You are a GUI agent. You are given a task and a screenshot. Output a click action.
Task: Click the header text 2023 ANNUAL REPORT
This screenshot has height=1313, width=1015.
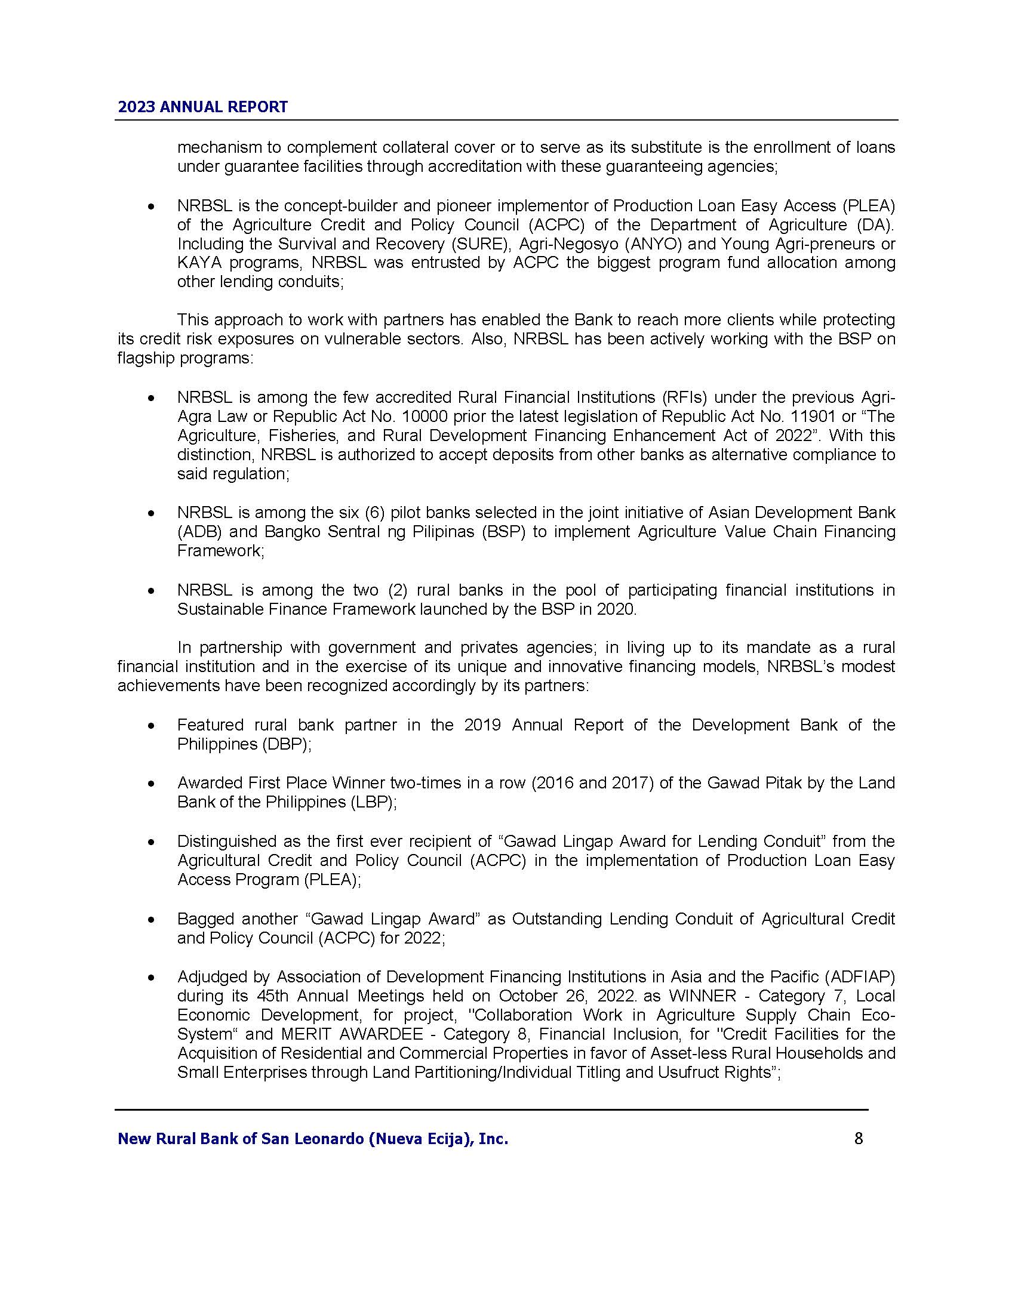click(202, 107)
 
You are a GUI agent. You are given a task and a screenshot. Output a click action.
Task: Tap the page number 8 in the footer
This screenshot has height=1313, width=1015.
click(858, 1138)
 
